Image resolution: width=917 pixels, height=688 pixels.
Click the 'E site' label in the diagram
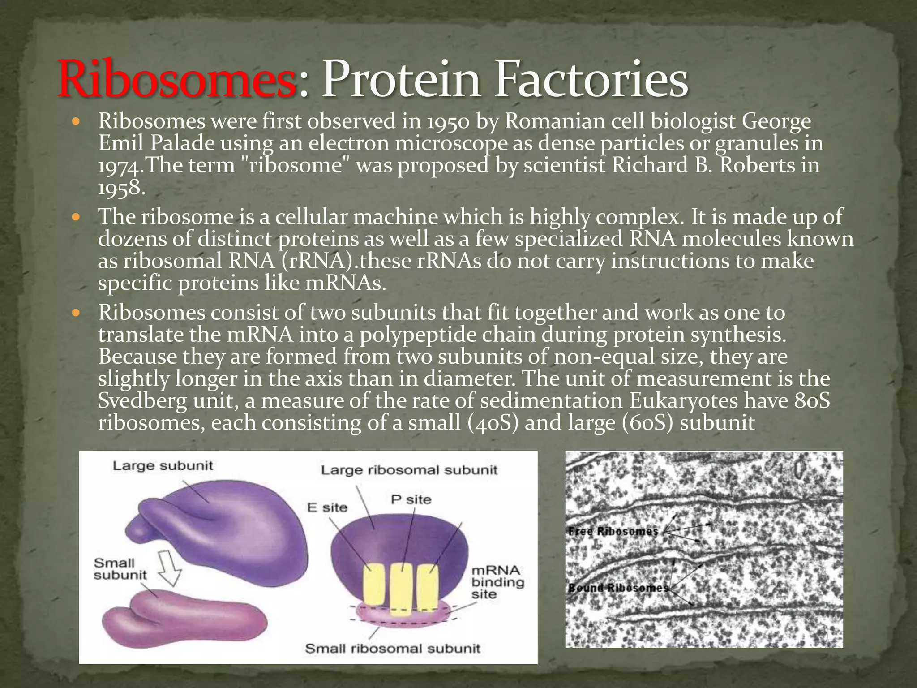tap(327, 507)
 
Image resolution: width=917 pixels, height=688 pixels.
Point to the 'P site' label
tap(411, 499)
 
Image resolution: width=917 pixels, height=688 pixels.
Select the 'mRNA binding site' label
tap(497, 582)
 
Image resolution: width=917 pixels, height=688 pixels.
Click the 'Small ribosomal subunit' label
tap(393, 649)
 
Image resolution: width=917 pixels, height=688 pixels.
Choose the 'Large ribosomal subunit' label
tap(409, 470)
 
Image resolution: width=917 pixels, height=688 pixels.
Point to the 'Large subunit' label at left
tap(163, 466)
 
